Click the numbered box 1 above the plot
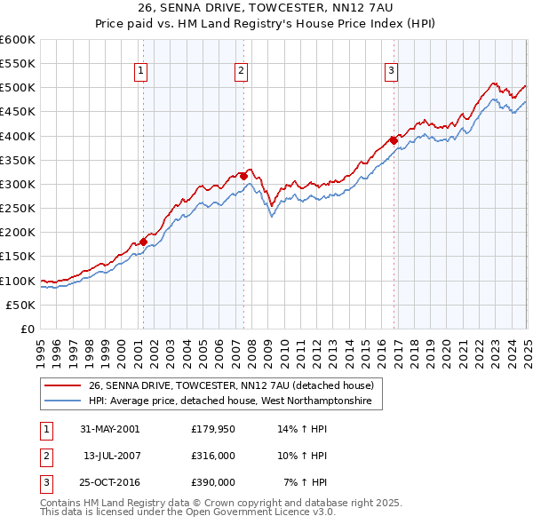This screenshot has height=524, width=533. tap(142, 73)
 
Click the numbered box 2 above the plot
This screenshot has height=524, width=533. tap(242, 73)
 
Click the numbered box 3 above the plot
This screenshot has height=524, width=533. tap(392, 73)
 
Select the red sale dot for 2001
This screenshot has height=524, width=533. tap(143, 242)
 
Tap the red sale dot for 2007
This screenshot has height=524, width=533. tap(243, 176)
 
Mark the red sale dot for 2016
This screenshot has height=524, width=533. tap(394, 140)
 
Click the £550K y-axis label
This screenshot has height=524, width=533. tap(18, 64)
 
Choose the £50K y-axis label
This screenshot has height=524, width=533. tap(20, 305)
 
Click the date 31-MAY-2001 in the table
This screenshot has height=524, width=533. tap(110, 428)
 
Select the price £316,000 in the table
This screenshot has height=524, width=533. tap(213, 456)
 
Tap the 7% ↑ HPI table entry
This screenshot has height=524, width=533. tap(306, 483)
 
